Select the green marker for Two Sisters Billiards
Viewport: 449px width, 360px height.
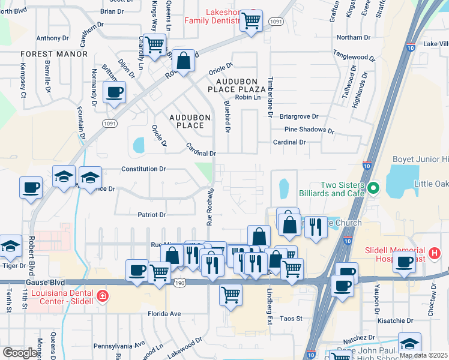click(x=373, y=189)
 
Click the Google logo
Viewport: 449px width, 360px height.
click(x=19, y=353)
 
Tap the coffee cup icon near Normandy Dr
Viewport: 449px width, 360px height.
click(x=114, y=92)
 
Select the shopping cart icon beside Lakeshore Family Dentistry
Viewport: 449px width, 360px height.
click(x=251, y=20)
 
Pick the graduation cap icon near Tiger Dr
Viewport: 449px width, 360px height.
click(x=10, y=245)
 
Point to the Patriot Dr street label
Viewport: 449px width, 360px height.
click(x=151, y=214)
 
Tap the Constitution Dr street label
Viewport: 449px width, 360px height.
click(x=143, y=169)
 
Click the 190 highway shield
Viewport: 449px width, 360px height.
click(x=179, y=281)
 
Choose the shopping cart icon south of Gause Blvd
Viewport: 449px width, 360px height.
click(x=231, y=295)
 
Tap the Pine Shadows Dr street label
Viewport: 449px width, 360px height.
click(x=309, y=130)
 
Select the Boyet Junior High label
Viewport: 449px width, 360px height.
click(x=420, y=159)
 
